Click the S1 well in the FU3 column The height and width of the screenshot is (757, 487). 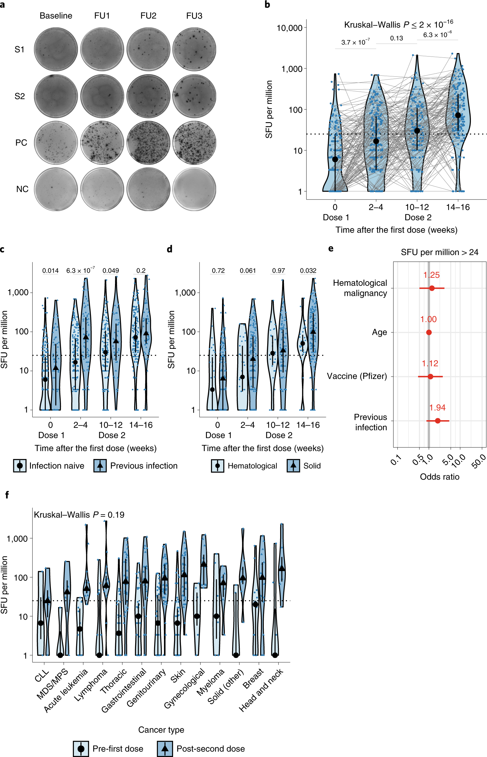point(194,49)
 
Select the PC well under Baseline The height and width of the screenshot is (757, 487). point(56,143)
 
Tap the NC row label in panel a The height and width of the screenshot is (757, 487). point(22,189)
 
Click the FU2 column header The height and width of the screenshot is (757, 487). point(148,16)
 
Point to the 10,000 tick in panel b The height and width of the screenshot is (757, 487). point(289,28)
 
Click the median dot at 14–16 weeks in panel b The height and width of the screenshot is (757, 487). point(458,115)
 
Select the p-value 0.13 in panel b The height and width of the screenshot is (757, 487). point(396,38)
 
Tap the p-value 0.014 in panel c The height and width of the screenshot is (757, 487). point(50,271)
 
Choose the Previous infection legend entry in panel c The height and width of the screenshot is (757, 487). point(136,466)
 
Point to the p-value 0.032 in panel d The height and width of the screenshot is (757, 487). point(308,271)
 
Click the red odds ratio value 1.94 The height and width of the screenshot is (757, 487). point(437,408)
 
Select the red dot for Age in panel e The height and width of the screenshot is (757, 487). point(429,332)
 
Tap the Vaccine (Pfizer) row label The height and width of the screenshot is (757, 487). point(357,376)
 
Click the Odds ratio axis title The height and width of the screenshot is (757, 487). point(439,477)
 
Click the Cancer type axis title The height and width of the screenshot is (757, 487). point(161,730)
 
